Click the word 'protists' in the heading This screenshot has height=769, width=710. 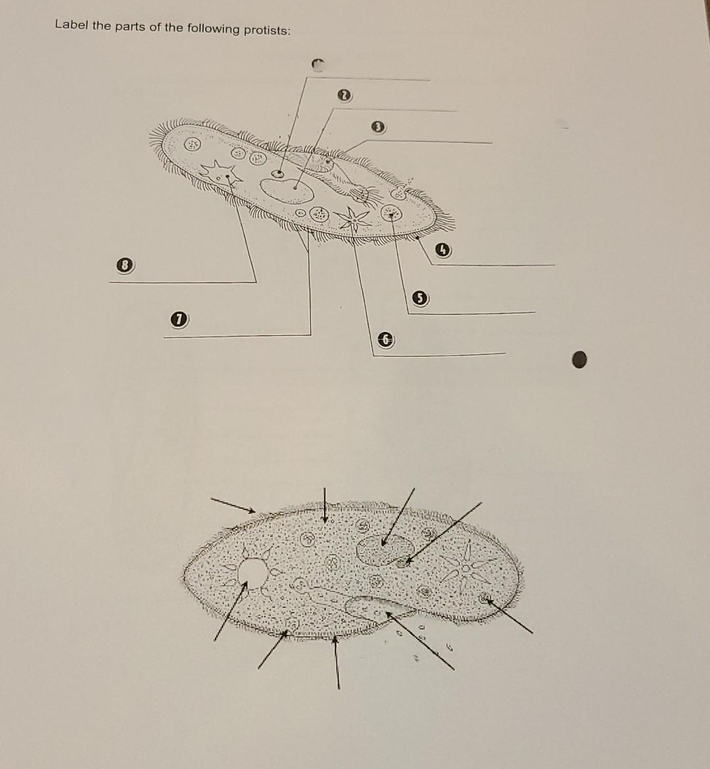click(263, 30)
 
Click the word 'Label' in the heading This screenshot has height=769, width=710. click(69, 24)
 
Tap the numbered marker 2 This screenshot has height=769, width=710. click(342, 96)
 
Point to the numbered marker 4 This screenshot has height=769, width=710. click(444, 249)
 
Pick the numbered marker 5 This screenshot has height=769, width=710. click(418, 298)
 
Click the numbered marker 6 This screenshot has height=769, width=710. click(387, 339)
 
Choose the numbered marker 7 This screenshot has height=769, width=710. click(176, 320)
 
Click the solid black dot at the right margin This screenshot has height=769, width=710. click(579, 359)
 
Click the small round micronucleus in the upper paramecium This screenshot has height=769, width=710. click(279, 174)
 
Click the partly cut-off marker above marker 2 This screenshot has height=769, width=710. click(318, 64)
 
